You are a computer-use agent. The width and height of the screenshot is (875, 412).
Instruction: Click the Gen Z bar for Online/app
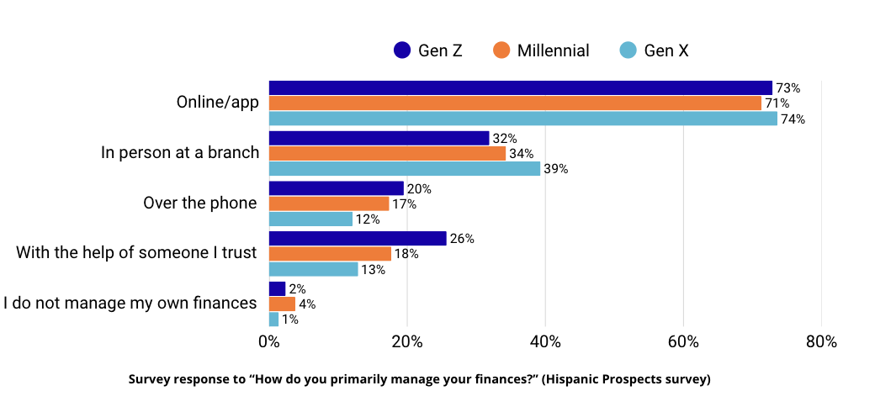tap(520, 87)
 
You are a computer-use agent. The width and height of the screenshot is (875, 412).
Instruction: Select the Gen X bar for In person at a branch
tap(404, 169)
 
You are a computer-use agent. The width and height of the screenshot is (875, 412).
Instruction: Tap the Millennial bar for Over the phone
tap(329, 203)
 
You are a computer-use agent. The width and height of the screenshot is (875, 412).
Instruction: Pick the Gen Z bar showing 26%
tap(358, 239)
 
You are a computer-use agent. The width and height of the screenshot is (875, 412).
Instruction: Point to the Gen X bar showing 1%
tap(273, 320)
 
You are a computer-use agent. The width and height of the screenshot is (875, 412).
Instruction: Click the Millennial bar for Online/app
tap(515, 103)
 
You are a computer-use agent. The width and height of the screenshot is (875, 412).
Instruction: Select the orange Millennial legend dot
tap(501, 50)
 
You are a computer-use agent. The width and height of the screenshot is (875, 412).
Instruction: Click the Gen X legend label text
tap(666, 50)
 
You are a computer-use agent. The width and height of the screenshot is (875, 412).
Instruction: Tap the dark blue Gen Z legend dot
tap(402, 50)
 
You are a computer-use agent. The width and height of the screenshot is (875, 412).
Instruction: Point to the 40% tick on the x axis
tap(545, 342)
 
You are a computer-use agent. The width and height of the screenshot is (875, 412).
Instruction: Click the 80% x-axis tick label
tap(820, 342)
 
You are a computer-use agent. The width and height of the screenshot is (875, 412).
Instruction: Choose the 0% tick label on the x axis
tap(268, 342)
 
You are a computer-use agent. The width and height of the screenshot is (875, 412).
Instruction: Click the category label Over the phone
tap(199, 203)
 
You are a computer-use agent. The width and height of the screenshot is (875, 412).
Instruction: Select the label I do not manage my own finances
tap(130, 303)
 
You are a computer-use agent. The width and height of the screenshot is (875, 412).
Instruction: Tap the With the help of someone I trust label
tap(135, 252)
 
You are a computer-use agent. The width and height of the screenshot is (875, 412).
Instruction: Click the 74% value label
tap(793, 119)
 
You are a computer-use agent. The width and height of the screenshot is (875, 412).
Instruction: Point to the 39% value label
tap(555, 169)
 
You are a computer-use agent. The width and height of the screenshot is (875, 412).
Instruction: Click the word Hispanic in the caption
tap(570, 379)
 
